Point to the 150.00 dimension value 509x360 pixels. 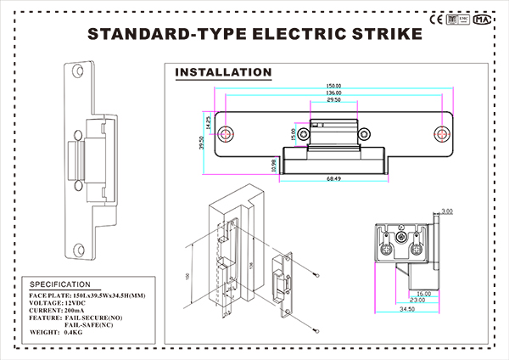333,86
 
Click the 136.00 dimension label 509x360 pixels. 333,93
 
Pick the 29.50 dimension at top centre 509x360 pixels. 333,101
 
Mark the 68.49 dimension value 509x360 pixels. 333,178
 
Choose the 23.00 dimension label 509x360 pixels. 417,301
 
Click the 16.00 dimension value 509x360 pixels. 424,293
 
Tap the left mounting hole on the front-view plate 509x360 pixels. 227,134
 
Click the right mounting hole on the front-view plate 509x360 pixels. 440,134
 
